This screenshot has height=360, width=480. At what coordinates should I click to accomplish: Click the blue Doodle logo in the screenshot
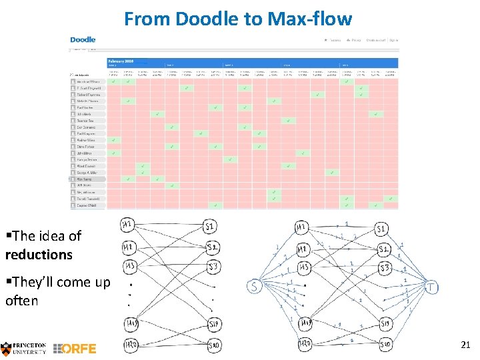click(83, 40)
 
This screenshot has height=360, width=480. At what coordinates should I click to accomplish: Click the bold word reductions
click(39, 254)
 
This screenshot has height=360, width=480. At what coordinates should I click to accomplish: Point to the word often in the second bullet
click(21, 301)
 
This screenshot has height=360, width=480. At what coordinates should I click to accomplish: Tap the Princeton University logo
click(24, 347)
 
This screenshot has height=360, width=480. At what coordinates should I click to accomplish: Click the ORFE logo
click(75, 348)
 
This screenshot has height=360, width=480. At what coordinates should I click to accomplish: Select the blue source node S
click(254, 287)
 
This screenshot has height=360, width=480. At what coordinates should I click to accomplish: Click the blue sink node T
click(432, 287)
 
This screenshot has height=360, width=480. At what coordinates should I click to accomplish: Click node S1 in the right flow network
click(382, 229)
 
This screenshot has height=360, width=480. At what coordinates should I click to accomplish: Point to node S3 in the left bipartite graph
click(213, 268)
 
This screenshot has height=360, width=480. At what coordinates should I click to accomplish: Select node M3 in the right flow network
click(303, 268)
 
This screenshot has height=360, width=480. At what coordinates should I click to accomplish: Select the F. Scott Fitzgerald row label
click(88, 88)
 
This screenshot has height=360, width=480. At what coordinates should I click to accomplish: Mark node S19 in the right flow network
click(385, 324)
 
